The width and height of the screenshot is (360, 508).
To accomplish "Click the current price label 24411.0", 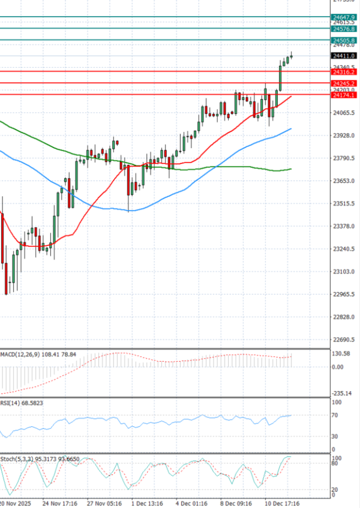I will click(x=344, y=55).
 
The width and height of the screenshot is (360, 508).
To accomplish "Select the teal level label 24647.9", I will click(x=344, y=17).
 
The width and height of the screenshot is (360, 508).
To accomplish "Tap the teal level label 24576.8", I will click(x=344, y=28).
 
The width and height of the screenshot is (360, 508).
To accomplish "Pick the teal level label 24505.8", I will click(x=344, y=40).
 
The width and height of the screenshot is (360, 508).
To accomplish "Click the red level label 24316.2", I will click(x=344, y=71).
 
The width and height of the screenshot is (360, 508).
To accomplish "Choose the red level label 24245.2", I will click(x=344, y=83).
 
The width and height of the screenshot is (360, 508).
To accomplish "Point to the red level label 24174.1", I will click(x=344, y=95).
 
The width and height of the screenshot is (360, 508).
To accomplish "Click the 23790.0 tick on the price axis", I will click(x=344, y=158).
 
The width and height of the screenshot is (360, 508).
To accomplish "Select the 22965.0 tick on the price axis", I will click(x=344, y=294).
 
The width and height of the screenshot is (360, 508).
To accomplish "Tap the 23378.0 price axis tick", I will click(x=344, y=226).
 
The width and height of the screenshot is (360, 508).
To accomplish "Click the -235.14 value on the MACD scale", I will click(x=343, y=393).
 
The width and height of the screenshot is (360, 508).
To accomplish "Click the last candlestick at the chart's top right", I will click(x=292, y=57).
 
